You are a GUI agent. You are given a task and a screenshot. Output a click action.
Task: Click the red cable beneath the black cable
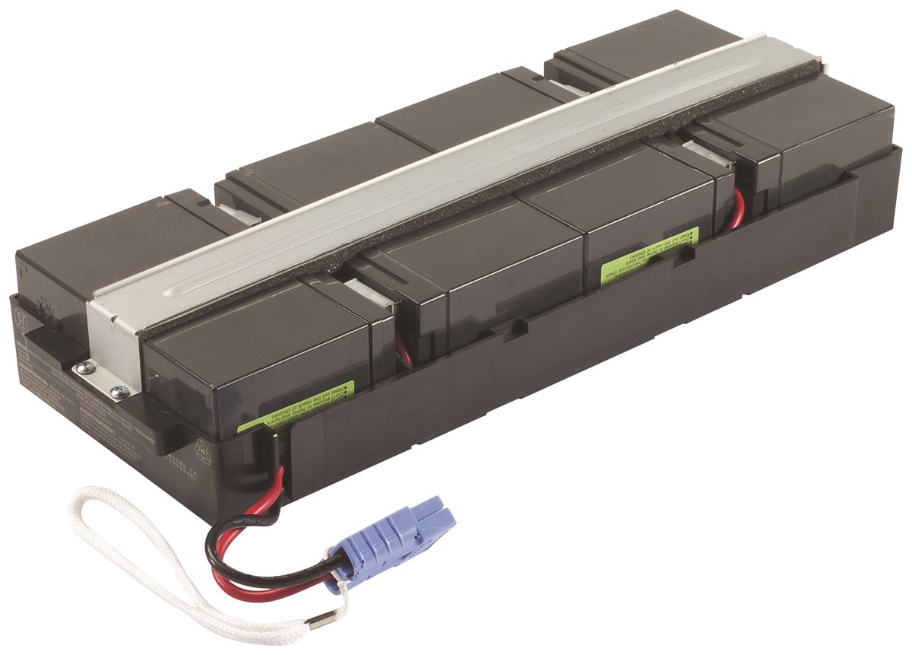tap(258, 578)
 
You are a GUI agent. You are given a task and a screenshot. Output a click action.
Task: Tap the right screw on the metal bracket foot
tap(119, 393)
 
